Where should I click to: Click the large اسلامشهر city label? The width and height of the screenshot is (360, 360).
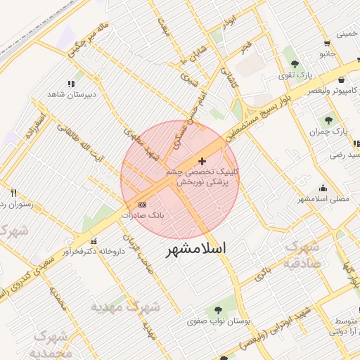pyautogui.click(x=198, y=250)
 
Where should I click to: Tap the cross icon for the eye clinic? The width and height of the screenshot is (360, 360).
pyautogui.click(x=203, y=161)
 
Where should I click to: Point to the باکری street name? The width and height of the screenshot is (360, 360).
pyautogui.click(x=261, y=274)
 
